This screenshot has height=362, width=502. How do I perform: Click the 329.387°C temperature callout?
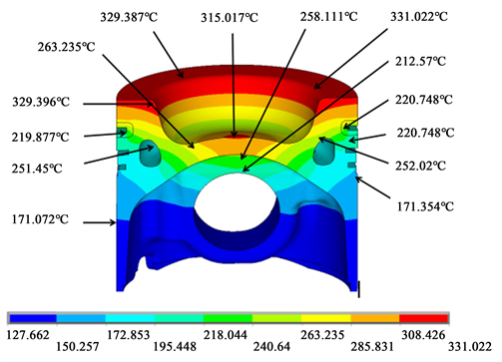129,17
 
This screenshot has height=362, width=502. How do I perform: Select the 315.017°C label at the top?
230,17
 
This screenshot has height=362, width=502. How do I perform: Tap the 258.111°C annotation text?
328,16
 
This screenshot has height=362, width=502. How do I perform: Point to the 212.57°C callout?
420,61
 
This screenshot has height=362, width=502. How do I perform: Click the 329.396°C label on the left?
41,102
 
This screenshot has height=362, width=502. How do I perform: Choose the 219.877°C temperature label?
41,137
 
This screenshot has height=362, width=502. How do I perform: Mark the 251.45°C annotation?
37,169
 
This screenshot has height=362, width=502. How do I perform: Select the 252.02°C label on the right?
420,166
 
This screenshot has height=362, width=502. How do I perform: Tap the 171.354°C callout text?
425,206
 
